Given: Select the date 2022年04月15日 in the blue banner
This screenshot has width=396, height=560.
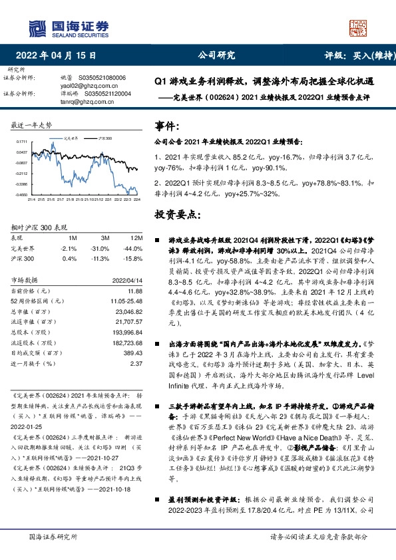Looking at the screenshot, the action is coord(61,56).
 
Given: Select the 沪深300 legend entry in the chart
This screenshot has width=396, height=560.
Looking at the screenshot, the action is coord(103,138).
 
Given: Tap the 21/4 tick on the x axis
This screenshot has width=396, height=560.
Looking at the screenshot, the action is coord(30,200).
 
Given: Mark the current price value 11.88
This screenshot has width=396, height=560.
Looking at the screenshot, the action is coord(135,291).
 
